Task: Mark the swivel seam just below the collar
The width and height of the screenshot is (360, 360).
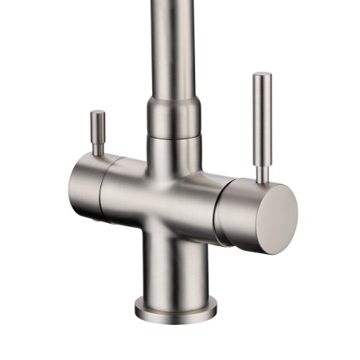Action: pyautogui.click(x=173, y=137)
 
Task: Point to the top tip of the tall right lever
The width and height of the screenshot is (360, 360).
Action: pyautogui.click(x=263, y=76)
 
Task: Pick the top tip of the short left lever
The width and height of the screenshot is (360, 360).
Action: pyautogui.click(x=97, y=113)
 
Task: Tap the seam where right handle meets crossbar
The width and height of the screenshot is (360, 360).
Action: pyautogui.click(x=219, y=203)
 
